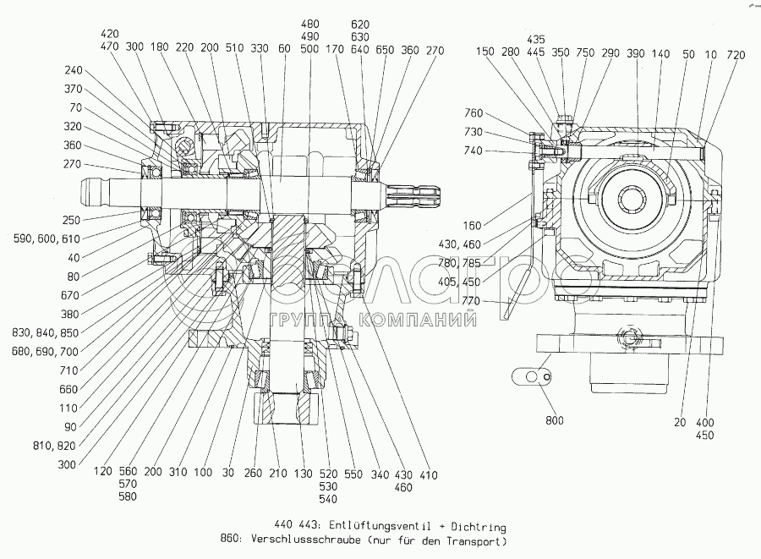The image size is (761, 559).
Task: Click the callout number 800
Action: tap(554, 420)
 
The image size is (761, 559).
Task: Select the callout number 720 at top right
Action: tap(735, 55)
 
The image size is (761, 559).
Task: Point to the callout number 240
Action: tap(74, 71)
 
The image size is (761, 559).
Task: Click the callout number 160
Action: tap(473, 225)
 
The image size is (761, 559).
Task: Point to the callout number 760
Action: tap(474, 113)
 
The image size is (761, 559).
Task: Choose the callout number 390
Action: tap(636, 55)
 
